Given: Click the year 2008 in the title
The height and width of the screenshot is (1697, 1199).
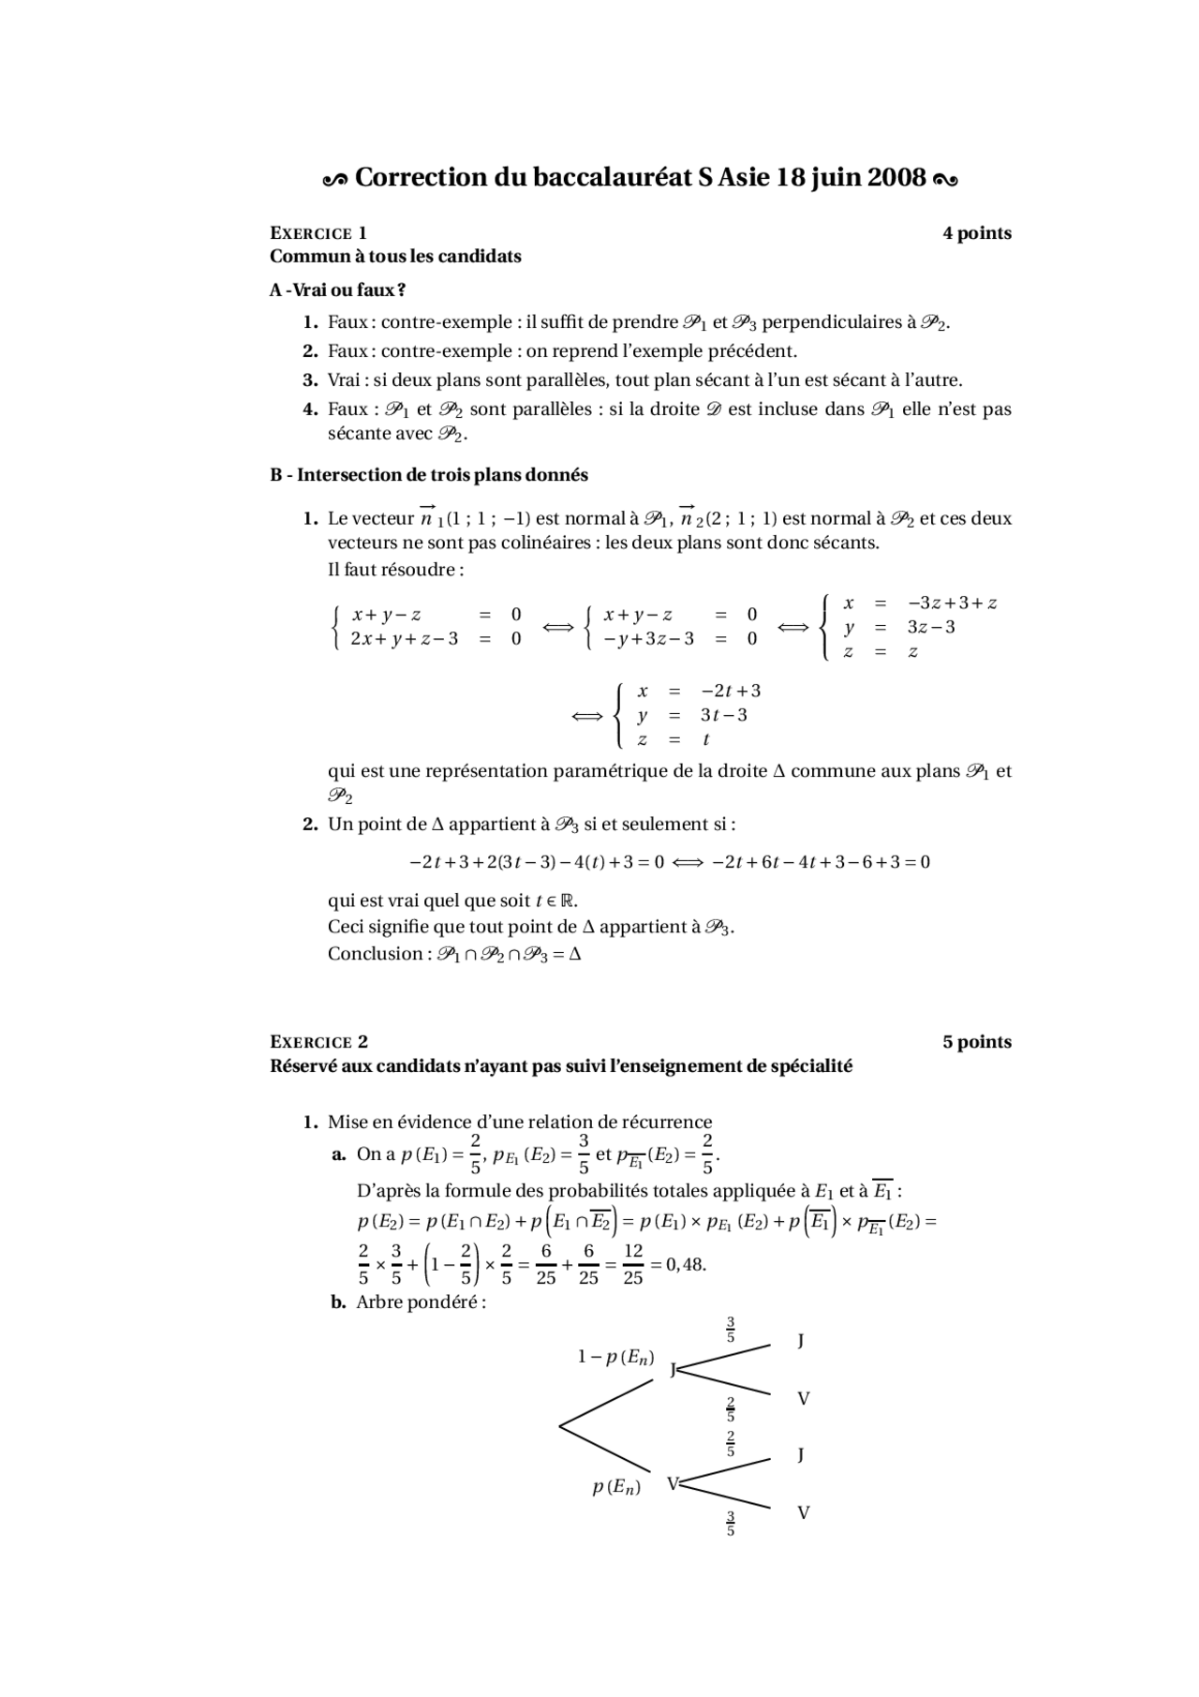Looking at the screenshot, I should coord(896,177).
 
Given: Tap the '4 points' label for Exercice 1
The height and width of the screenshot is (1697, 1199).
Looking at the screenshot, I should coord(976,233).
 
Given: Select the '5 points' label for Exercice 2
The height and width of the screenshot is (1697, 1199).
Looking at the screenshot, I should coord(976,1042).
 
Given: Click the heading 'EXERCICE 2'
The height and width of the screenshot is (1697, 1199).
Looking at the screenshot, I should coord(318,1042).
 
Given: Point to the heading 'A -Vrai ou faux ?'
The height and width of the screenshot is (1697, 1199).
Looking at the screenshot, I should coord(337,290).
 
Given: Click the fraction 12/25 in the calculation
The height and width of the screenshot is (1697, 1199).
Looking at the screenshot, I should coord(633,1264).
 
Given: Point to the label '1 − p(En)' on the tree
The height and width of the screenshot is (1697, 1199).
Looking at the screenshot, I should coord(615,1357).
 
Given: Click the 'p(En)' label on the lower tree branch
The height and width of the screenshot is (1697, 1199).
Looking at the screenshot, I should coord(616,1486).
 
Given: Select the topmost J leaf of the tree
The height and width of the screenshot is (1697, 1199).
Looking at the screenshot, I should coord(801,1341).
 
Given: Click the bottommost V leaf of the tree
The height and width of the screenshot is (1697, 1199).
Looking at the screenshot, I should coord(803,1512).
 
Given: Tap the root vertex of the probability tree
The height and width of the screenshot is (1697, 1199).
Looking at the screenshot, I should coord(560,1426).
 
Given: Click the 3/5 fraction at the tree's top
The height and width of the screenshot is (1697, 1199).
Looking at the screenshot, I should coord(731,1330).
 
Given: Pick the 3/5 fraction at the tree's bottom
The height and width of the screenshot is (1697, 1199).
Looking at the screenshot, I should coord(731,1523).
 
